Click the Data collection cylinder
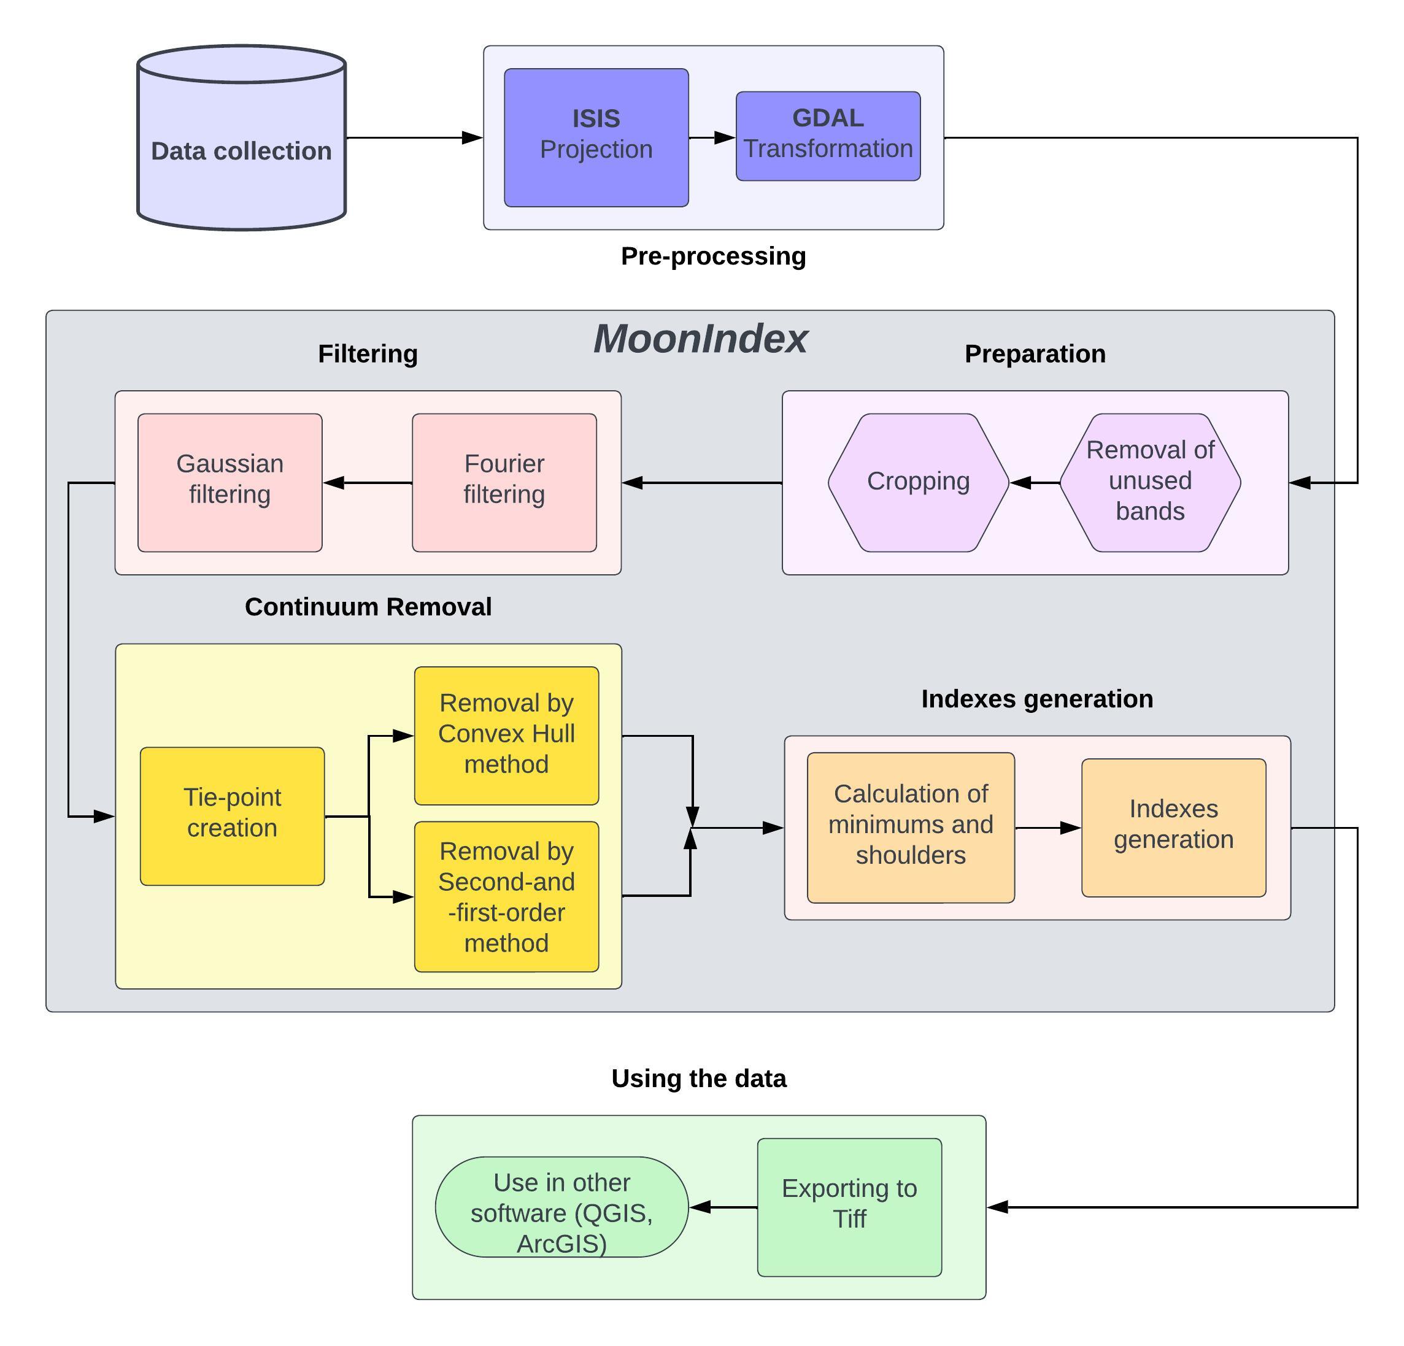pos(241,150)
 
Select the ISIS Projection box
pos(596,137)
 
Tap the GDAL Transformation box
pos(828,136)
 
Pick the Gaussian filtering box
pos(230,483)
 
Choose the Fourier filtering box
pos(504,483)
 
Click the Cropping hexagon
pos(919,483)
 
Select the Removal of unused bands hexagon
pos(1150,483)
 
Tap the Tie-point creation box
pos(232,816)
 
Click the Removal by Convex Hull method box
pos(506,736)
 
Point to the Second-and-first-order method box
pos(506,897)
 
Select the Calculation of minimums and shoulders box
pos(911,828)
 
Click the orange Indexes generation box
pos(1173,828)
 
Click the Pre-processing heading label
pos(714,256)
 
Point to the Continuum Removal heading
pos(368,607)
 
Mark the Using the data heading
pos(698,1079)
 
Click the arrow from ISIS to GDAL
pos(712,137)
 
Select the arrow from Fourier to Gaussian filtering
pos(368,483)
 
